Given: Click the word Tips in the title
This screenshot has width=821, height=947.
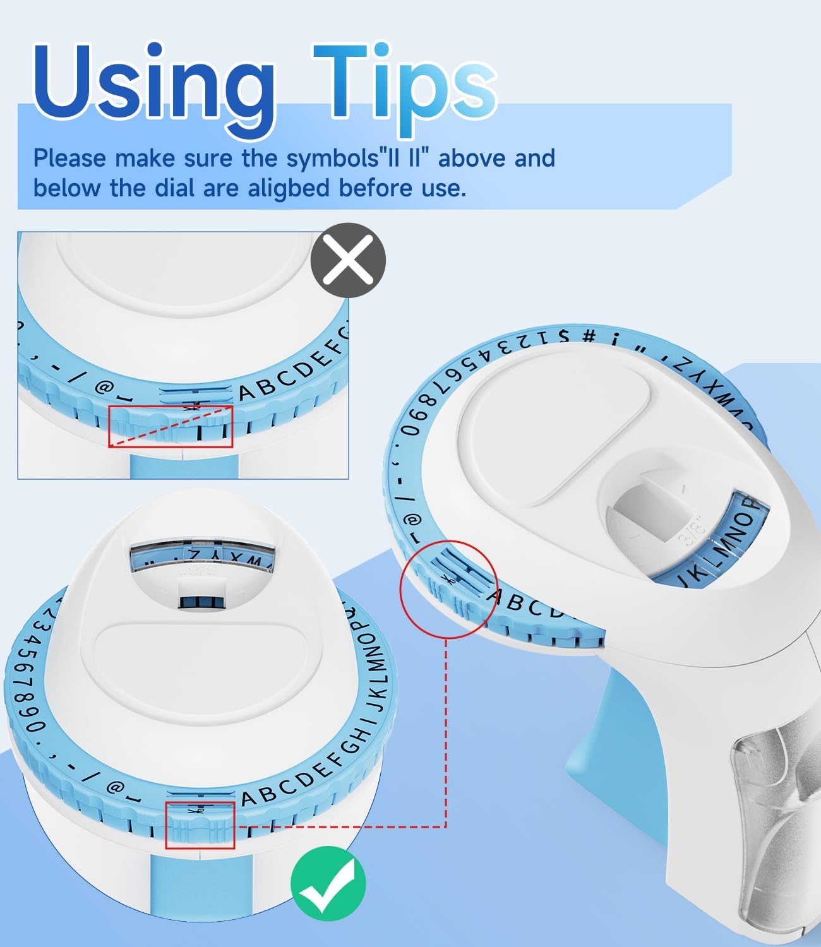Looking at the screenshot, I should pos(404,85).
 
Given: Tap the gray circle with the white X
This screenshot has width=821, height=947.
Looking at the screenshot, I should pos(348,260).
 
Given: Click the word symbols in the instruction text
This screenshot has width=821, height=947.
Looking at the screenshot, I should pos(332,158).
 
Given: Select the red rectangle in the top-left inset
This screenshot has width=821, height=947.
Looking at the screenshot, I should pos(171,427).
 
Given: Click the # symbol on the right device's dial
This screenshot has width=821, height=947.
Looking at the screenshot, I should pos(589,336).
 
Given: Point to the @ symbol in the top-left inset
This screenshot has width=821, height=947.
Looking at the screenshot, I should pos(103,386).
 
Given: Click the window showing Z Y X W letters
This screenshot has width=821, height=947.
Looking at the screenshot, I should pos(203,558).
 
